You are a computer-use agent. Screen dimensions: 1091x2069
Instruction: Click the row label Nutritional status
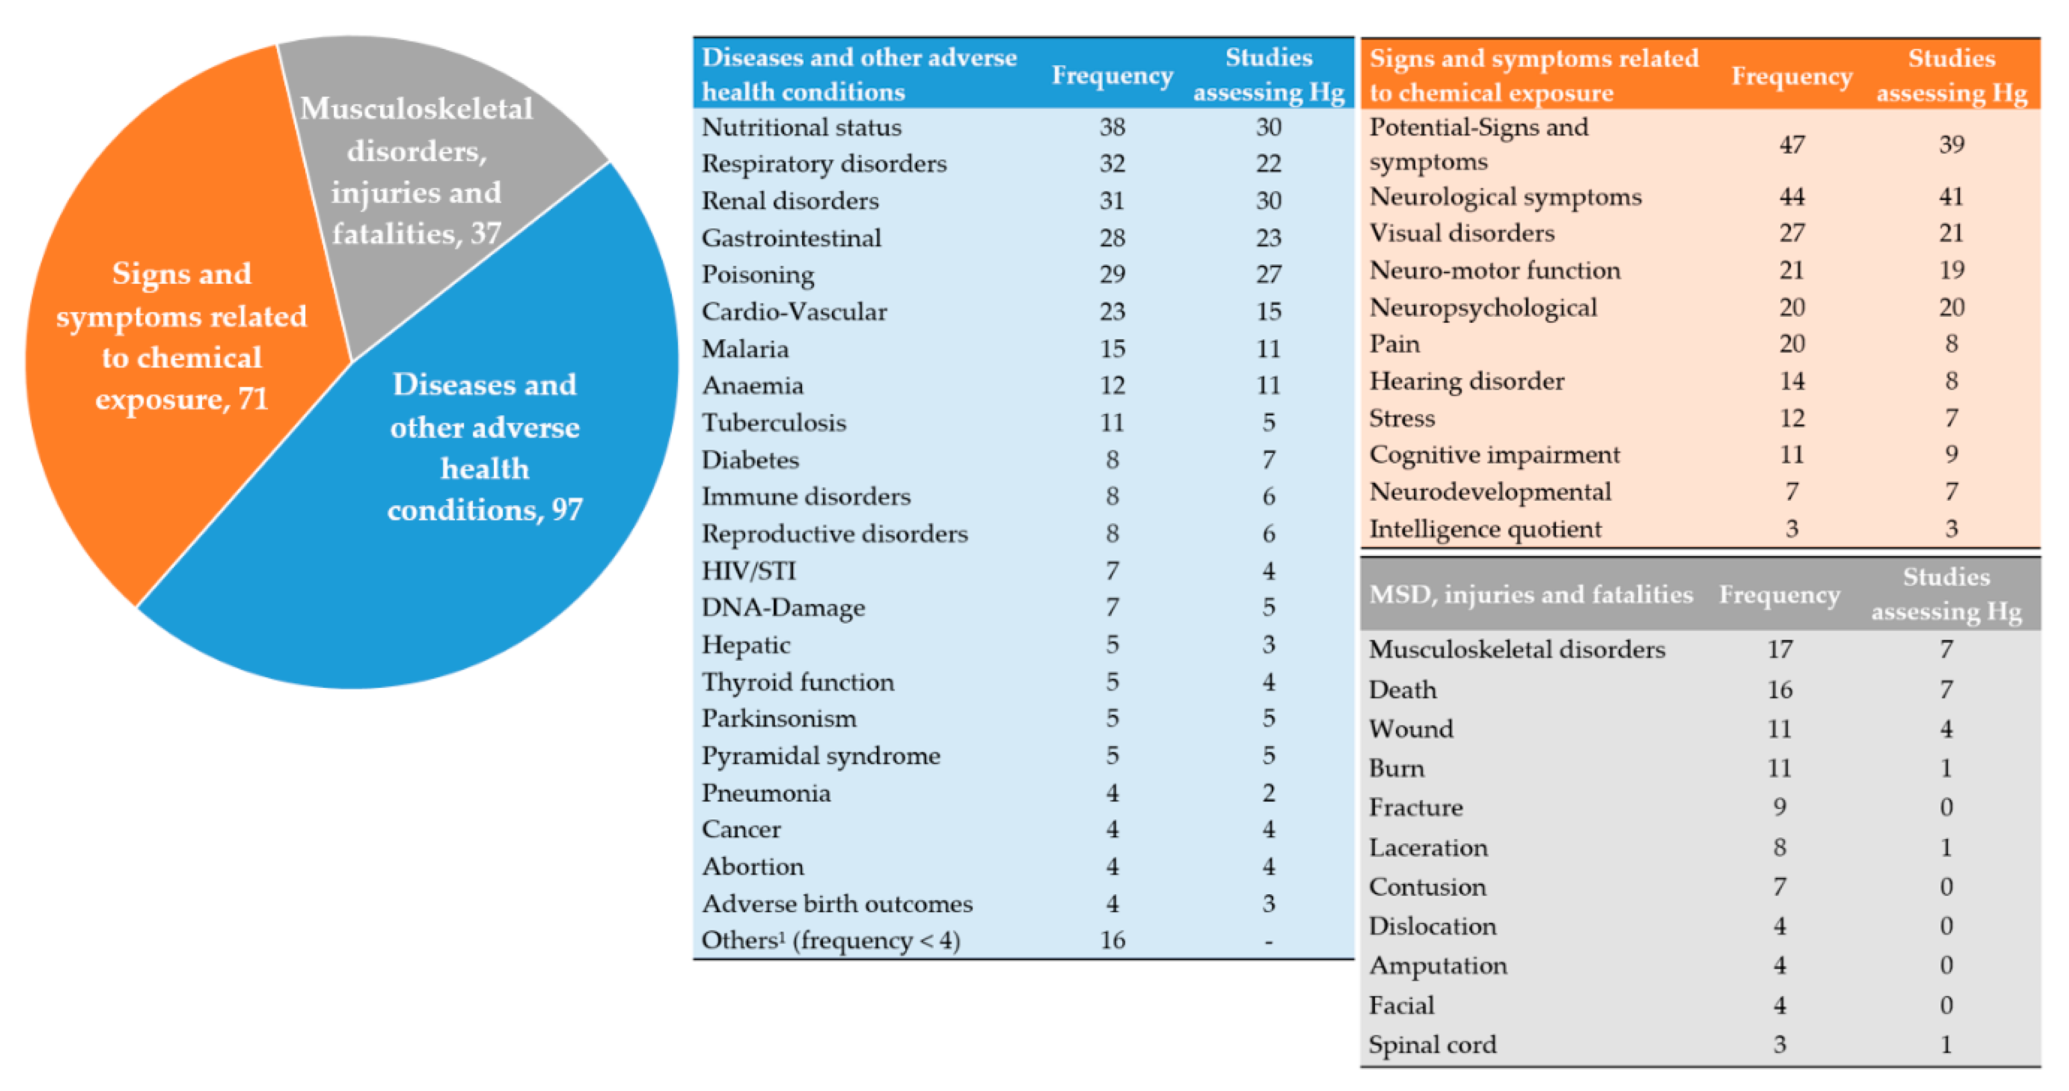[801, 127]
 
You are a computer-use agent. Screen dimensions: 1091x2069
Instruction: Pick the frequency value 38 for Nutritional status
[1112, 127]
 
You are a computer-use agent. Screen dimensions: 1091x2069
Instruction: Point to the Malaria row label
[745, 349]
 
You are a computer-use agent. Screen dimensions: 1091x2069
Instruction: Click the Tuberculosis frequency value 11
[1112, 422]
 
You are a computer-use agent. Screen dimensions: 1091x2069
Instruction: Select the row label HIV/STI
[748, 570]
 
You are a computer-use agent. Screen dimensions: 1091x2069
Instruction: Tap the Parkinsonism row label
[778, 718]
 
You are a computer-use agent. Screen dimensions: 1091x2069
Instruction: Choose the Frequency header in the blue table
[1112, 76]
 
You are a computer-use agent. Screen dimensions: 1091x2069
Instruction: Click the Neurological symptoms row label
[1505, 197]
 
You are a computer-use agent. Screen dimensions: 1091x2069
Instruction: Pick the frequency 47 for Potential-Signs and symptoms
[1791, 145]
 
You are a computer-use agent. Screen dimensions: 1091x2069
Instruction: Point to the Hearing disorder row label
[1467, 381]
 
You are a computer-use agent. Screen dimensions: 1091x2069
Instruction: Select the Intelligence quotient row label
[1485, 529]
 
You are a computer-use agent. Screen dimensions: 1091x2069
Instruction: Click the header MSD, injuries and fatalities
[1530, 595]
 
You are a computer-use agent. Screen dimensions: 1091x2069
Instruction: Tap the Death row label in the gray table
[1402, 689]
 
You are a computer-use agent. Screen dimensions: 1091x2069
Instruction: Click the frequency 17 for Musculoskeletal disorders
[1779, 649]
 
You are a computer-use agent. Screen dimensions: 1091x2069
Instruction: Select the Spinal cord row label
[1432, 1044]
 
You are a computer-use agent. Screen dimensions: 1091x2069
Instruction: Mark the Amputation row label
[1438, 965]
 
